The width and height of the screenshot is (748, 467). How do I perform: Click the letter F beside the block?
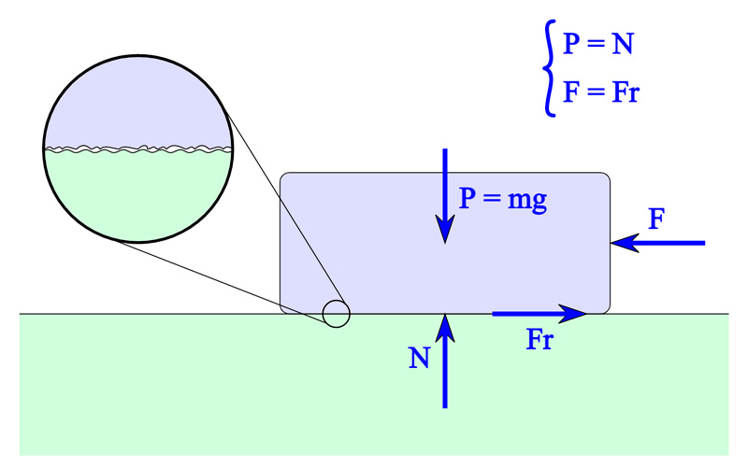(656, 220)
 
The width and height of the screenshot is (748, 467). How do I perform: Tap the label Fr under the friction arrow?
(539, 340)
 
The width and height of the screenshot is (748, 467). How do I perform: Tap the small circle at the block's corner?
(337, 314)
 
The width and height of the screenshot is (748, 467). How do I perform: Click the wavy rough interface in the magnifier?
(137, 148)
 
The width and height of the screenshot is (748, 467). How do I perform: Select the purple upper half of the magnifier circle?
(137, 98)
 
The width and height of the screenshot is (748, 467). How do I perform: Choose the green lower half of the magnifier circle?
(137, 196)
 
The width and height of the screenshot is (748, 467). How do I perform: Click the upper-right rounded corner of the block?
(605, 177)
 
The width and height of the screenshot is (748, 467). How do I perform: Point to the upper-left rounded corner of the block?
(286, 177)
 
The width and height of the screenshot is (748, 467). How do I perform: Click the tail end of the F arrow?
(702, 243)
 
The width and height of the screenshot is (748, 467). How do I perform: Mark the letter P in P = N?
(571, 44)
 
